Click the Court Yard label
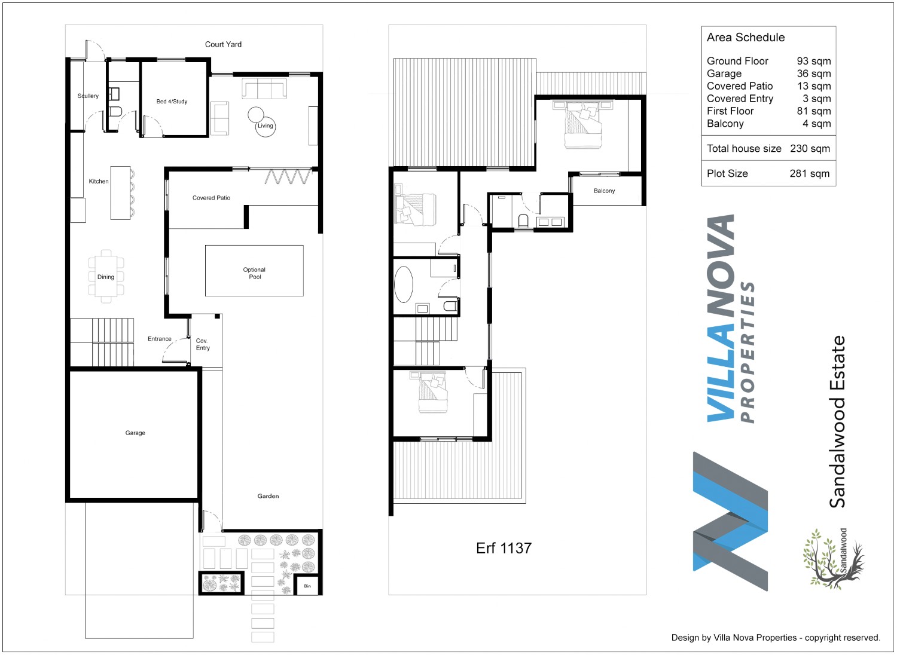[223, 44]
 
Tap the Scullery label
[88, 96]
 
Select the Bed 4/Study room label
[172, 102]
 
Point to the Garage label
[135, 433]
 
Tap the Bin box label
[307, 586]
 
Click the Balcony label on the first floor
[604, 191]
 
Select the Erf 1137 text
[504, 548]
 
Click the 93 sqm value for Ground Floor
[814, 61]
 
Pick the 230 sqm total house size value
[810, 148]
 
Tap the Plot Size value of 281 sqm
[810, 174]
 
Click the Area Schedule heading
[746, 38]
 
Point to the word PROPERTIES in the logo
[747, 352]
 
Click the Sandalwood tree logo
[834, 559]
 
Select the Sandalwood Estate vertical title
[837, 422]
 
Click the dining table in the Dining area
[106, 277]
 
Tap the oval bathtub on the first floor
[404, 284]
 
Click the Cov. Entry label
[203, 344]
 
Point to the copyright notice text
[776, 638]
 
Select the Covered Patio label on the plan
[212, 198]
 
